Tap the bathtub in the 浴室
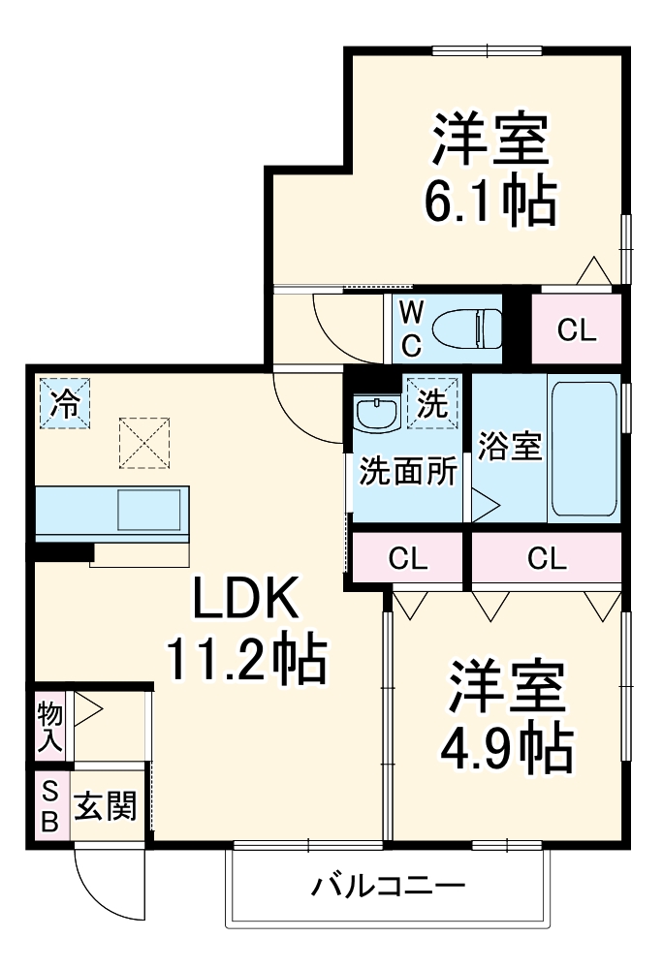584,451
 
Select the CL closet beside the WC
576,331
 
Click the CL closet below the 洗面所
408,558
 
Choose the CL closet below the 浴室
546,558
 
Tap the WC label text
410,328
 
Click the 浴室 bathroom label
509,449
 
